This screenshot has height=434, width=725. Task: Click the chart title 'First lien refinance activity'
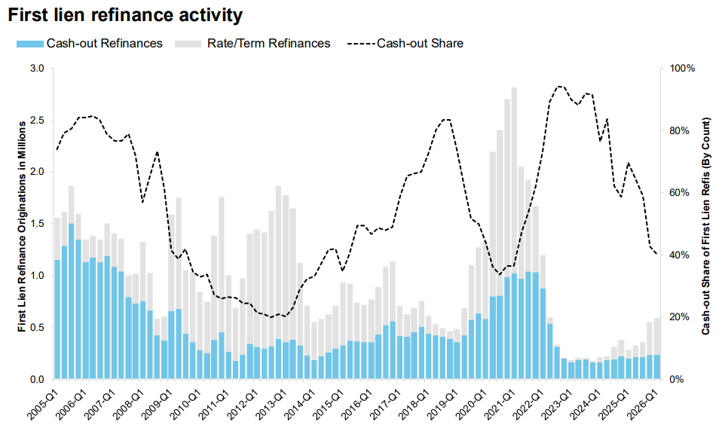[125, 15]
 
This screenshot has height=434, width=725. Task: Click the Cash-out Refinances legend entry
[90, 44]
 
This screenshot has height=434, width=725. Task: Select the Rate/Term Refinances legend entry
[252, 44]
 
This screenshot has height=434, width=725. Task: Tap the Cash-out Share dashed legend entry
[405, 44]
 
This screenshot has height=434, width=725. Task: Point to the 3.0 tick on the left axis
[37, 69]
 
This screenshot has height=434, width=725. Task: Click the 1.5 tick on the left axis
[37, 224]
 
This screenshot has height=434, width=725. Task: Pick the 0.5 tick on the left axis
[37, 327]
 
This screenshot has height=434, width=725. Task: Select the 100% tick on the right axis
[683, 69]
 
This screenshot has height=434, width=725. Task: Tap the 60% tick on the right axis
[680, 193]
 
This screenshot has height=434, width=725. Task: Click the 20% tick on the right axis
[680, 317]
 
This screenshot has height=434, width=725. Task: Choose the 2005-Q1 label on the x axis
[41, 405]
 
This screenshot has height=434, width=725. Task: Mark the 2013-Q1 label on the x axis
[270, 405]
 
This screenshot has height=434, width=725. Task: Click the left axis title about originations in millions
[22, 227]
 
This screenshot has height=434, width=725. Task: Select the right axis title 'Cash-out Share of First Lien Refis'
[705, 226]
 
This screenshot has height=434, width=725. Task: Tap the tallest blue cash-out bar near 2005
[71, 301]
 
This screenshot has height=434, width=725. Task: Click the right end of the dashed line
[657, 254]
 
